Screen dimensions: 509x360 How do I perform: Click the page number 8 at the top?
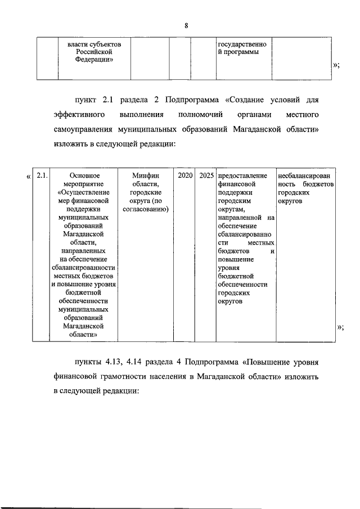point(185,25)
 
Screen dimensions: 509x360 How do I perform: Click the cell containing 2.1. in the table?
point(41,176)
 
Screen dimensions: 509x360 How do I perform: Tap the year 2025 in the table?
point(206,176)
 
